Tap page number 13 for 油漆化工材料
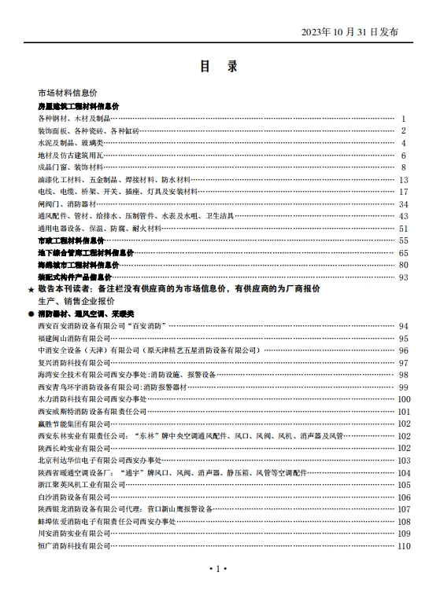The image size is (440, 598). (x=403, y=180)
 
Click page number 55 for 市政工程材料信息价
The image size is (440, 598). (x=403, y=240)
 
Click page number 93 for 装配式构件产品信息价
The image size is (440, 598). (x=403, y=277)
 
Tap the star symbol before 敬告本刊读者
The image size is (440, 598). (x=31, y=290)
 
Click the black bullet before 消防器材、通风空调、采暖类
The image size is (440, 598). (x=31, y=314)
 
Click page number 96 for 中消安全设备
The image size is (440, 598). (x=403, y=350)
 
